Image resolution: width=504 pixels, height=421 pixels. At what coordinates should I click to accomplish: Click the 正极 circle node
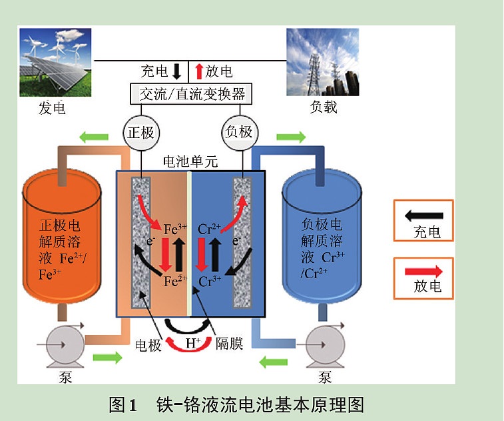coord(140,132)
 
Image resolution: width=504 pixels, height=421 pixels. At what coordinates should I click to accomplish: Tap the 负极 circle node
coord(238,132)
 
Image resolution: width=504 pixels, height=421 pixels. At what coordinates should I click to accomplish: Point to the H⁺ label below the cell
coord(193,343)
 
